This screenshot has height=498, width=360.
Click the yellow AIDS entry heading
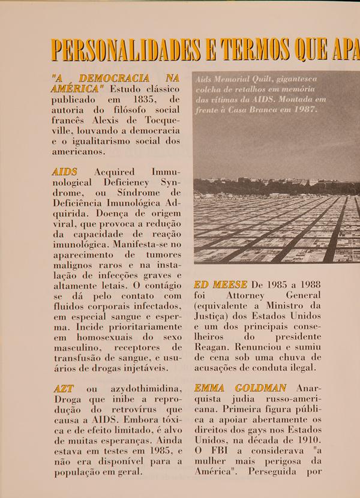pos(64,172)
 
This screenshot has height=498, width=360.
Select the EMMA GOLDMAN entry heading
pos(240,388)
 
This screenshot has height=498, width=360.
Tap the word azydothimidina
pos(146,389)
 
